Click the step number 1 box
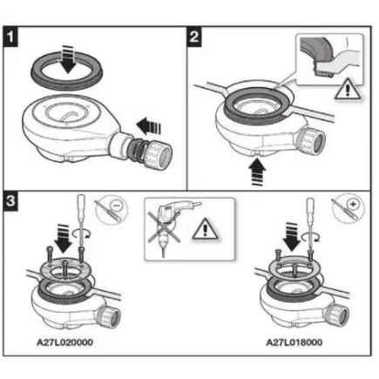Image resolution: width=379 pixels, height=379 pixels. point(10,37)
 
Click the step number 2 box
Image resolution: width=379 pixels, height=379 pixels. point(194,37)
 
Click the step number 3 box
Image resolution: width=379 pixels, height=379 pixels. point(10,200)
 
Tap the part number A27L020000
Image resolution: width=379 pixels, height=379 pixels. point(64,342)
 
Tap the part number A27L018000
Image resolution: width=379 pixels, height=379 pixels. point(294,342)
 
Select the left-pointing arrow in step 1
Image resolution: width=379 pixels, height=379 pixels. point(149,126)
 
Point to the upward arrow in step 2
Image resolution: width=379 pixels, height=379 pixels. point(257,172)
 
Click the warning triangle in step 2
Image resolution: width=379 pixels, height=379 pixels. point(348,91)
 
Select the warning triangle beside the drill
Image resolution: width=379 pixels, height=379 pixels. point(206,229)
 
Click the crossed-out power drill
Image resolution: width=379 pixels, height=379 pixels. point(169,227)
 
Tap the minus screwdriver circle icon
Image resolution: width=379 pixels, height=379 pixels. point(112,208)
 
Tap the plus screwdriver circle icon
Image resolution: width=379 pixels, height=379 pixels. point(348,206)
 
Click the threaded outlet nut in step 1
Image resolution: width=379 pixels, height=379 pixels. point(157,152)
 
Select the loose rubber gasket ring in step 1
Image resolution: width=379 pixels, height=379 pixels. point(67,71)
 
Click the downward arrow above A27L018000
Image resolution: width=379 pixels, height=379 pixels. point(291,237)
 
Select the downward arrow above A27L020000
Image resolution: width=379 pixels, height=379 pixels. point(63,239)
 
